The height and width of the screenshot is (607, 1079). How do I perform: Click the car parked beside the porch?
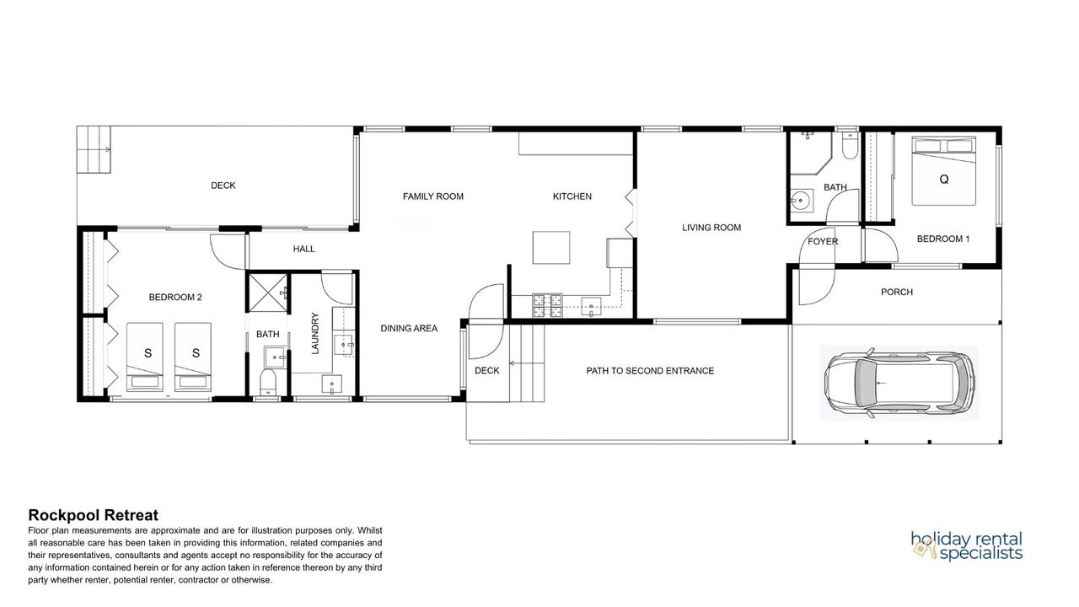point(899,384)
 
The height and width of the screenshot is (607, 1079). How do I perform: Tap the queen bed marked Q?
point(943,170)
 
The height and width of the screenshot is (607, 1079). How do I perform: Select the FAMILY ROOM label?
point(433,196)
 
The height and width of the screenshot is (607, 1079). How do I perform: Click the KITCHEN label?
point(572,196)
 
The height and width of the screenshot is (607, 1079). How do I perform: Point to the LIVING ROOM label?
point(711,228)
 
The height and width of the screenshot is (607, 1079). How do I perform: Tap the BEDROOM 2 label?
point(175,298)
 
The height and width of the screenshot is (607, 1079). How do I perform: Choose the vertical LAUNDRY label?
point(315,333)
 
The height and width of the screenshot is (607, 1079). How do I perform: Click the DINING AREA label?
point(409,329)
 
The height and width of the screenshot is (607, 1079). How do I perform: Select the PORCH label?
point(897,292)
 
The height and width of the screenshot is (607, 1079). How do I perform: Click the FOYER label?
point(823,242)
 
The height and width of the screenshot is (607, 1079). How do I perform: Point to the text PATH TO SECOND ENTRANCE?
point(650,371)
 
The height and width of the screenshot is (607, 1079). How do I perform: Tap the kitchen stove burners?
point(547,305)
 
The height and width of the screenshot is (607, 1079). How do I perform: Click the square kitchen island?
point(551,248)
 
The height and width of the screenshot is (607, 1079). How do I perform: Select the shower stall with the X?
point(267,293)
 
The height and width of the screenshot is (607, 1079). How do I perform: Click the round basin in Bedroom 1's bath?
point(801,200)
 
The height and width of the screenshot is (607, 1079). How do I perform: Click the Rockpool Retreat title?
point(94,515)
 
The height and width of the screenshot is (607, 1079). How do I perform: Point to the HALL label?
point(304,249)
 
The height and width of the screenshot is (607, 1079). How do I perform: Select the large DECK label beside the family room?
point(223,185)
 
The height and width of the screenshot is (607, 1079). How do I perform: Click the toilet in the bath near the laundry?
point(268,382)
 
